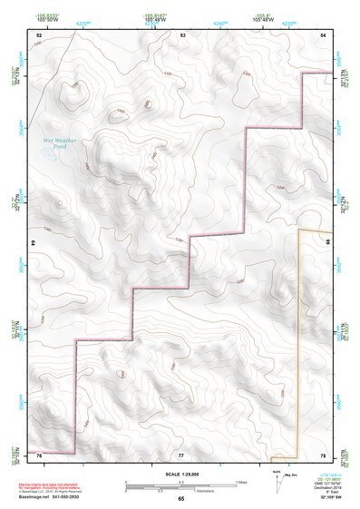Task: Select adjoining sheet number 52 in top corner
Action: point(40,34)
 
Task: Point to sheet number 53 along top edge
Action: point(182,34)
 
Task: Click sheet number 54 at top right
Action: point(324,34)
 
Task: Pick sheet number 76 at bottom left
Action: point(40,454)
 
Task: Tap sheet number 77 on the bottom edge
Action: point(181,454)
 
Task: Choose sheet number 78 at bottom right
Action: point(324,454)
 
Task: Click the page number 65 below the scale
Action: point(181,499)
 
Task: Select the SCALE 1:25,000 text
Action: point(181,475)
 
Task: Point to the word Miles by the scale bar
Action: point(241,481)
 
